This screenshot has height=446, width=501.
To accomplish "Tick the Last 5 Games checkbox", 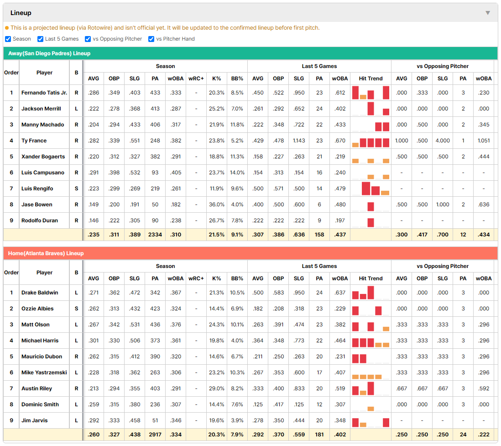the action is (40, 39).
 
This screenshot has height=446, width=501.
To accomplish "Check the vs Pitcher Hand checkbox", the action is (151, 39).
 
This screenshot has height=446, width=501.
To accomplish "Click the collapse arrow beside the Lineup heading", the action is (488, 13).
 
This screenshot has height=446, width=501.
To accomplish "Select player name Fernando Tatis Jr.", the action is (44, 93).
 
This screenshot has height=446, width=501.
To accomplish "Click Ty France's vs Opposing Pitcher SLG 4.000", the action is (443, 141).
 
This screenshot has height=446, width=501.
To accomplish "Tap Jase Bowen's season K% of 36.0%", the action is (217, 205).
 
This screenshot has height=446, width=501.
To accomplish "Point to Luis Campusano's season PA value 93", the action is (155, 173).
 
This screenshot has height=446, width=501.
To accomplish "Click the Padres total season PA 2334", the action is (155, 235).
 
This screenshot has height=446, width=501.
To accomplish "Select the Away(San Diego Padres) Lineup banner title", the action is (49, 53).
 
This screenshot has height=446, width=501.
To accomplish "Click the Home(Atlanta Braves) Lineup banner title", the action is (46, 253).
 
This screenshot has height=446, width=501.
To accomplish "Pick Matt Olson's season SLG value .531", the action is (135, 325).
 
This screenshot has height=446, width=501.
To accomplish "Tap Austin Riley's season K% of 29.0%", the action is (217, 388).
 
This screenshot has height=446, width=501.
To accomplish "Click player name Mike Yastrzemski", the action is (44, 373).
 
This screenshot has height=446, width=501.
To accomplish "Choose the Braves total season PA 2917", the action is (155, 435).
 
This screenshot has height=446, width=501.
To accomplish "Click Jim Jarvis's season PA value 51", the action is (155, 420).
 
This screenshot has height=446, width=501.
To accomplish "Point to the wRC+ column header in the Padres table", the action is (196, 79).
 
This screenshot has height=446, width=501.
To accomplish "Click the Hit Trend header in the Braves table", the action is (371, 278).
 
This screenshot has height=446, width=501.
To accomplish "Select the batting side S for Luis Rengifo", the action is (76, 189).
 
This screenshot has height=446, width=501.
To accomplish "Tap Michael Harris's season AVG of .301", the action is (94, 341).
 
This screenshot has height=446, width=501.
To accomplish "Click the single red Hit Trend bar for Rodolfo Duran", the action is (371, 222).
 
